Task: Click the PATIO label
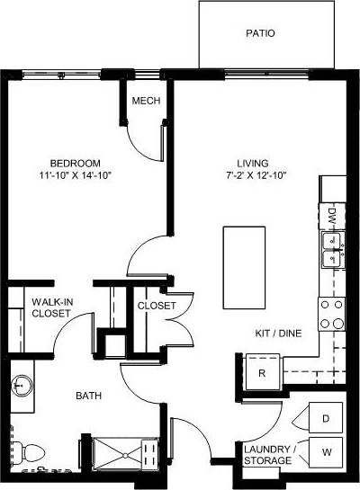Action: coord(260,34)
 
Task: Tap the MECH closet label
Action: coord(146,101)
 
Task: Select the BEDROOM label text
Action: coord(67,152)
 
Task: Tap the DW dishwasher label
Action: coord(332,216)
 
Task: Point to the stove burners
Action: coord(332,312)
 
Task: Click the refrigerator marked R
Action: coord(262,372)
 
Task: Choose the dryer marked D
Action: coord(326,418)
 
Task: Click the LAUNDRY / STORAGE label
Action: coord(268,454)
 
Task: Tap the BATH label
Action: coord(88,395)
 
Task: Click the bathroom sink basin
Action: coord(22,388)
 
